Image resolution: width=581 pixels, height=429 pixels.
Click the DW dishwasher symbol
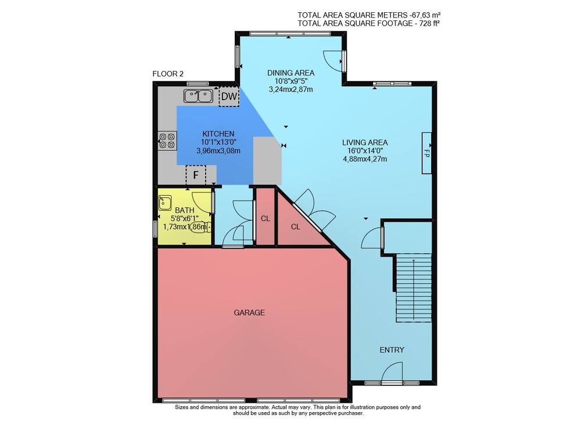229,97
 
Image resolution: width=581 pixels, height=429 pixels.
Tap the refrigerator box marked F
196,175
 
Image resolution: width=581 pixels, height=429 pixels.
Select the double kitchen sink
198,96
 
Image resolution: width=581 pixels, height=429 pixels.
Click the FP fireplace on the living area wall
426,153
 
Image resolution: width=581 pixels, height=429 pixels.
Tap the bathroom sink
165,203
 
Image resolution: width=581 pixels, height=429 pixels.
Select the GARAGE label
249,313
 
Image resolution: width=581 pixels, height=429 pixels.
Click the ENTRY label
392,350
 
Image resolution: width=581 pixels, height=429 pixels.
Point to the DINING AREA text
291,73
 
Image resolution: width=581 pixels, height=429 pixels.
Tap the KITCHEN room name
218,134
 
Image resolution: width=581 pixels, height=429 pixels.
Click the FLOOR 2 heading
168,74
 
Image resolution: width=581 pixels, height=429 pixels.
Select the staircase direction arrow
414,289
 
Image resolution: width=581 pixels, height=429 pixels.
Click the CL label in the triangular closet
295,227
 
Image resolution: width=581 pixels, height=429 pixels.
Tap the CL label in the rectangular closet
266,219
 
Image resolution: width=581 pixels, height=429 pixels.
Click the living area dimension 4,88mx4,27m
365,159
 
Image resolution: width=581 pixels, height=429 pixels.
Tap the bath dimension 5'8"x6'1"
185,219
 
